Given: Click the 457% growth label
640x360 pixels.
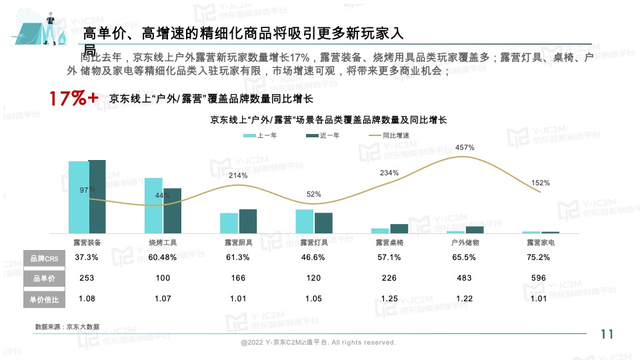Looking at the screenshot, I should (x=465, y=147).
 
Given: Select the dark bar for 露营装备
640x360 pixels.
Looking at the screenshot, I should (x=97, y=197).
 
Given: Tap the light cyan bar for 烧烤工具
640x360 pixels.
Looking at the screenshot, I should (x=153, y=205).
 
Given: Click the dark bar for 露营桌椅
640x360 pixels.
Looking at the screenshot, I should (x=399, y=229).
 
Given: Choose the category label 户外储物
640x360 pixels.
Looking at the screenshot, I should (x=465, y=243).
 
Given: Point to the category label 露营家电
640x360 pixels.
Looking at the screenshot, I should (x=541, y=243).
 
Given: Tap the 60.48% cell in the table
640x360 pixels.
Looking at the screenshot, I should (x=163, y=257).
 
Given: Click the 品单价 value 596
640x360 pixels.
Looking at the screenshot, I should (x=541, y=278).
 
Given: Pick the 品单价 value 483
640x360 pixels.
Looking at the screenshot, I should (x=465, y=278).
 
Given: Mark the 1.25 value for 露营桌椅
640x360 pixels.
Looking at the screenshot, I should (x=389, y=299).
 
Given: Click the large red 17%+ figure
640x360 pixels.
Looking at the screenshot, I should (x=73, y=99).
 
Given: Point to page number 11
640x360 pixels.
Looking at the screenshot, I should (x=607, y=335).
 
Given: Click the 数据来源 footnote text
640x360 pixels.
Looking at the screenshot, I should (x=67, y=327).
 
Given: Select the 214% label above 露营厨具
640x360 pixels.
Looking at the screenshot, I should (x=238, y=175).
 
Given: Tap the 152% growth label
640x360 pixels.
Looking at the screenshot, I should (x=541, y=183).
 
